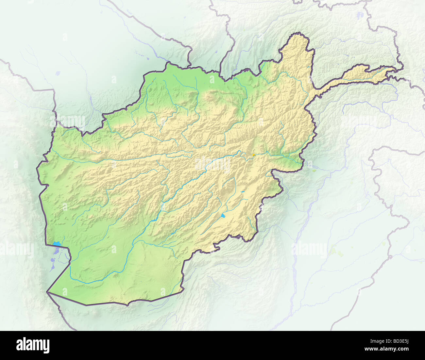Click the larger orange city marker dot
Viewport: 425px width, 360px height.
pyautogui.click(x=254, y=155)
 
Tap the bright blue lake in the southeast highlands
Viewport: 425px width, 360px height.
pyautogui.click(x=223, y=216)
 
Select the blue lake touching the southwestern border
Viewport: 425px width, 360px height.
pyautogui.click(x=57, y=244)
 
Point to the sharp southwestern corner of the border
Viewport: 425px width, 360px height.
pyautogui.click(x=47, y=292)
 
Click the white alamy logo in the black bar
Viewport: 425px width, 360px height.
pyautogui.click(x=33, y=345)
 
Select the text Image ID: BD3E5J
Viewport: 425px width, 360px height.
pyautogui.click(x=387, y=341)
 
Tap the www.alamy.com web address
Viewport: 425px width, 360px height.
pyautogui.click(x=387, y=349)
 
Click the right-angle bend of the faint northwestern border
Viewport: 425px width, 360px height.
pyautogui.click(x=53, y=90)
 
